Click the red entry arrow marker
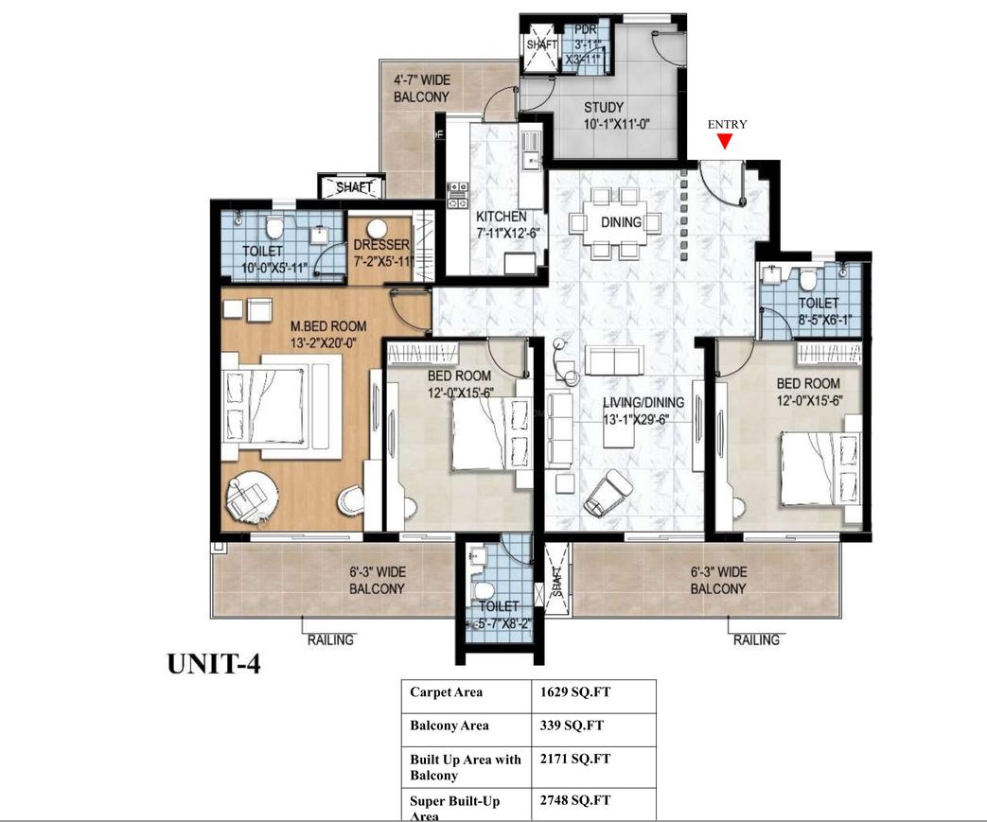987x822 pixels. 725,142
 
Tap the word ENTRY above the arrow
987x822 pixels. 727,124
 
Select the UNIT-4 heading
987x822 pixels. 213,664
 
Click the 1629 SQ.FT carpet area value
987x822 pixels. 575,692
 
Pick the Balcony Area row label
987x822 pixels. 449,726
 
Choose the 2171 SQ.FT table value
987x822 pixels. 575,759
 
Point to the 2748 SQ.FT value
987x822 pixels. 575,800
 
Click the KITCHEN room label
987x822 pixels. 501,217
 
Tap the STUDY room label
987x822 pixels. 603,107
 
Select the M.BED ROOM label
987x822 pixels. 328,327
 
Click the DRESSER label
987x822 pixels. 382,245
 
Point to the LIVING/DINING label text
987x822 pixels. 643,402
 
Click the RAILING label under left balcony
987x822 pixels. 330,639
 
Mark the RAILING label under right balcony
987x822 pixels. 757,639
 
